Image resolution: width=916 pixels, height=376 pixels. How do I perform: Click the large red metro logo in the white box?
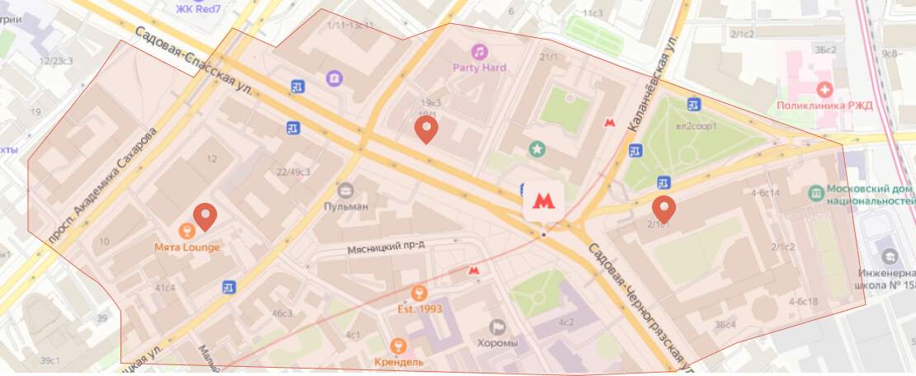click(543, 200)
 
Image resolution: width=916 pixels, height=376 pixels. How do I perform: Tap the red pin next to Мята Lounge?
click(205, 217)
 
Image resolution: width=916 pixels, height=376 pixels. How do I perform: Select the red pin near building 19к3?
click(425, 129)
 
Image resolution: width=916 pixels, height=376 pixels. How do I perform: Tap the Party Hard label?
click(479, 68)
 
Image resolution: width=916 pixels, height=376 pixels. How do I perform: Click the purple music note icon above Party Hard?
click(479, 51)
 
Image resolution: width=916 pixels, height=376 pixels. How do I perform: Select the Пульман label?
click(346, 206)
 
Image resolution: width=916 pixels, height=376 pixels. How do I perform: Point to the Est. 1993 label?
click(418, 309)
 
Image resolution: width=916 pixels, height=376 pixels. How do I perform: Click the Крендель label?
click(399, 361)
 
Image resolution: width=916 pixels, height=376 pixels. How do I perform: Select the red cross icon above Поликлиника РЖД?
click(823, 88)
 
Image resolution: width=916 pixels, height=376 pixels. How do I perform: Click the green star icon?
click(537, 149)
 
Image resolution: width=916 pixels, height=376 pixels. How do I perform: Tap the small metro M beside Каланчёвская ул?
click(610, 122)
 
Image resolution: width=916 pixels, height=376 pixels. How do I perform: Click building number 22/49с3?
click(293, 172)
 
